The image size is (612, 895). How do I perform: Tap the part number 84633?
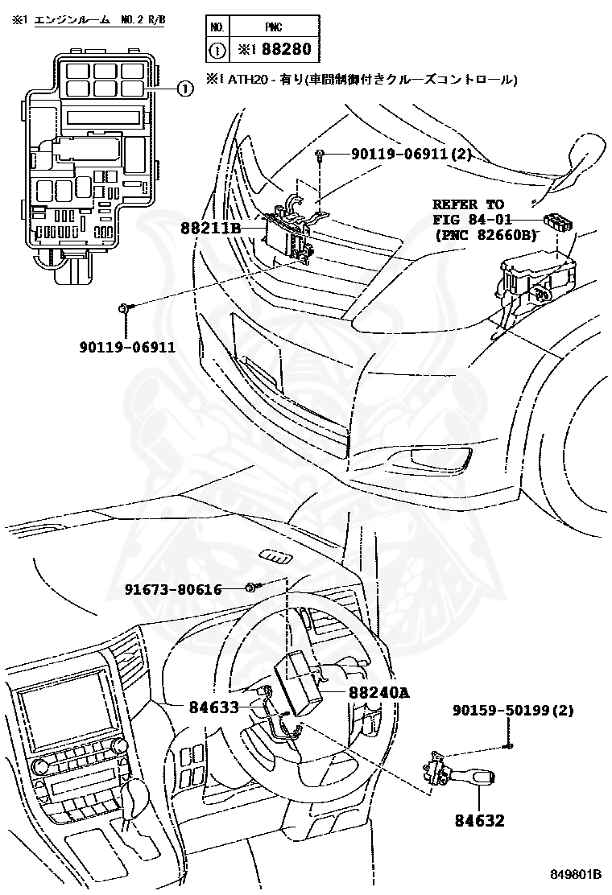point(213,707)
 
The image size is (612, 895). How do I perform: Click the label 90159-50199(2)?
point(513,711)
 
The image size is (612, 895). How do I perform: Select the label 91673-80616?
point(172,590)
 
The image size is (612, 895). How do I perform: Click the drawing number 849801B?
point(577,874)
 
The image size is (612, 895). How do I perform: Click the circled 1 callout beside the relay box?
point(184,89)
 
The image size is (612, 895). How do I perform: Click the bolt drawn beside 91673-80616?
point(251,589)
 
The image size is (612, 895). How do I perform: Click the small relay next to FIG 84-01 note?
point(557,221)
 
